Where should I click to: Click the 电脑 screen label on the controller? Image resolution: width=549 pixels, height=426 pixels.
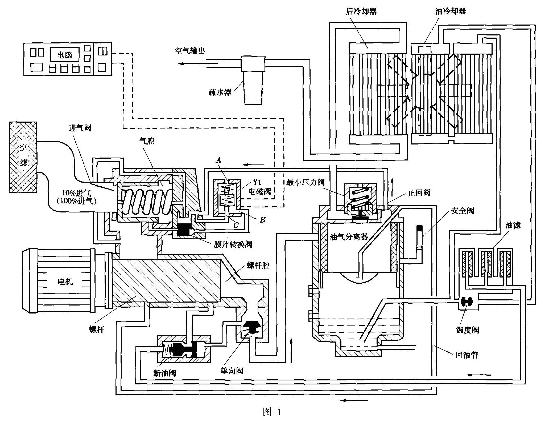[65, 55]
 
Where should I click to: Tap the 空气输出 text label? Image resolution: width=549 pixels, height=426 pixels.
[190, 51]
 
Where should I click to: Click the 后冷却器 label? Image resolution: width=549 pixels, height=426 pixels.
[361, 11]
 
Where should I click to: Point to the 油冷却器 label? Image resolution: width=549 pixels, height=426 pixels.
[451, 11]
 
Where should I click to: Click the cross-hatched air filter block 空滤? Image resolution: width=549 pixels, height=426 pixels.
[23, 157]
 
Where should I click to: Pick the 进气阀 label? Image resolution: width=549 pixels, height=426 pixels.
[80, 128]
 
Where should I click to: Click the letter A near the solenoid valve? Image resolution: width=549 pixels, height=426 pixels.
[219, 160]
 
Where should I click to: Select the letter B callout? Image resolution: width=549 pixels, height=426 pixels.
[262, 220]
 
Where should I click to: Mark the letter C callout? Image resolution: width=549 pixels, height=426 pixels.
[236, 226]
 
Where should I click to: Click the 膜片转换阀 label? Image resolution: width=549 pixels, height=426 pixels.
[233, 244]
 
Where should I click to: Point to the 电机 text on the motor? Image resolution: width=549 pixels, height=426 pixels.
[65, 282]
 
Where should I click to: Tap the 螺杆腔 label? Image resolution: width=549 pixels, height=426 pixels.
[258, 265]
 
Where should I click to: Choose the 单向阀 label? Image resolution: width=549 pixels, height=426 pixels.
[232, 371]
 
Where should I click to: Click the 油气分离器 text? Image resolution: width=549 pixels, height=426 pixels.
[349, 237]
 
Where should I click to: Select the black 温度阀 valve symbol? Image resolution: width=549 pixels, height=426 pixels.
[467, 302]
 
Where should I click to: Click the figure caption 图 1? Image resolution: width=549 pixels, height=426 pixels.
[272, 412]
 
